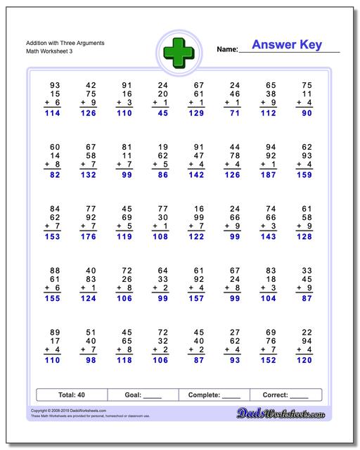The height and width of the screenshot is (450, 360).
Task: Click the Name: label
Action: click(x=227, y=49)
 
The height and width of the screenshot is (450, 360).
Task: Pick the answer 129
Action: click(x=196, y=112)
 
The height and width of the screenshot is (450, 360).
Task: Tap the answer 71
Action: click(x=234, y=112)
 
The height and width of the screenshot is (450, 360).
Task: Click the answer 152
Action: click(x=268, y=360)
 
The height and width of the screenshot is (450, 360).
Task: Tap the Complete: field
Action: click(x=214, y=395)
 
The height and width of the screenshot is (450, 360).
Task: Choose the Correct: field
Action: click(x=285, y=395)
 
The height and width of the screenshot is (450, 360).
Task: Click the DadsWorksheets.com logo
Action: click(x=290, y=415)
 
